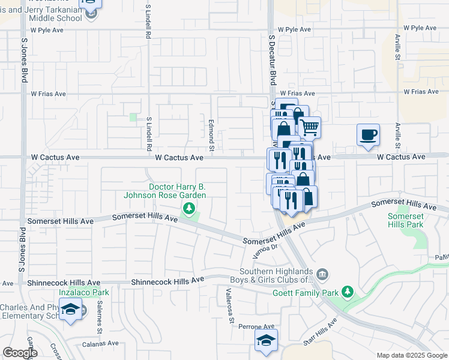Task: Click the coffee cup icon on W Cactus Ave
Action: pyautogui.click(x=367, y=135)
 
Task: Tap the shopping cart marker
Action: pyautogui.click(x=309, y=127)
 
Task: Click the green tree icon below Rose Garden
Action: pyautogui.click(x=189, y=209)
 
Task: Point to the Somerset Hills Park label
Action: pyautogui.click(x=405, y=220)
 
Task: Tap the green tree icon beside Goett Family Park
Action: pyautogui.click(x=347, y=292)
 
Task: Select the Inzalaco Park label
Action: pyautogui.click(x=83, y=292)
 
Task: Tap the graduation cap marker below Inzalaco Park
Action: pyautogui.click(x=71, y=310)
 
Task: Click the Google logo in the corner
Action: pyautogui.click(x=20, y=353)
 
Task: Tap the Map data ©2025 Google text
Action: pyautogui.click(x=411, y=355)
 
